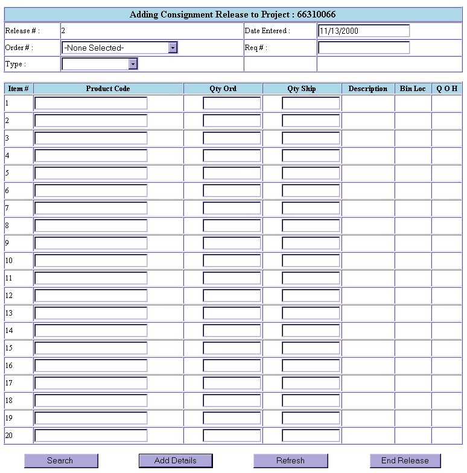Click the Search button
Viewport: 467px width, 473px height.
(60, 460)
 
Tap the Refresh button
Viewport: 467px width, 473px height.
(290, 460)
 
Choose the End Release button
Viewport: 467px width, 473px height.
(405, 460)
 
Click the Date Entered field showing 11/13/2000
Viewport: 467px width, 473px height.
(363, 31)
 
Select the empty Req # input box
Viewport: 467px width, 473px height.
(363, 48)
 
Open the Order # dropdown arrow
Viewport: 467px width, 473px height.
(173, 48)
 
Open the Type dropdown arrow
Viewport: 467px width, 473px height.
(133, 64)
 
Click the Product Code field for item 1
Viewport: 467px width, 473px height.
(91, 103)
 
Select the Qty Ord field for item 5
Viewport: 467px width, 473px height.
(232, 173)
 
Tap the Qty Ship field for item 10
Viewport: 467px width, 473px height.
(311, 261)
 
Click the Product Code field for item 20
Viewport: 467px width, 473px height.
(91, 436)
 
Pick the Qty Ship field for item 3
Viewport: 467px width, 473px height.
(311, 138)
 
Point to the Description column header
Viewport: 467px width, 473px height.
(367, 89)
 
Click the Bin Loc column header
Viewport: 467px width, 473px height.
(413, 89)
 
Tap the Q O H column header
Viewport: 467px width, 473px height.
(447, 89)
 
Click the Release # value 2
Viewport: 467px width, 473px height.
(63, 30)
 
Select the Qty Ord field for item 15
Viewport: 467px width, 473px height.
(232, 348)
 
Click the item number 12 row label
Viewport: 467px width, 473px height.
(9, 296)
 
